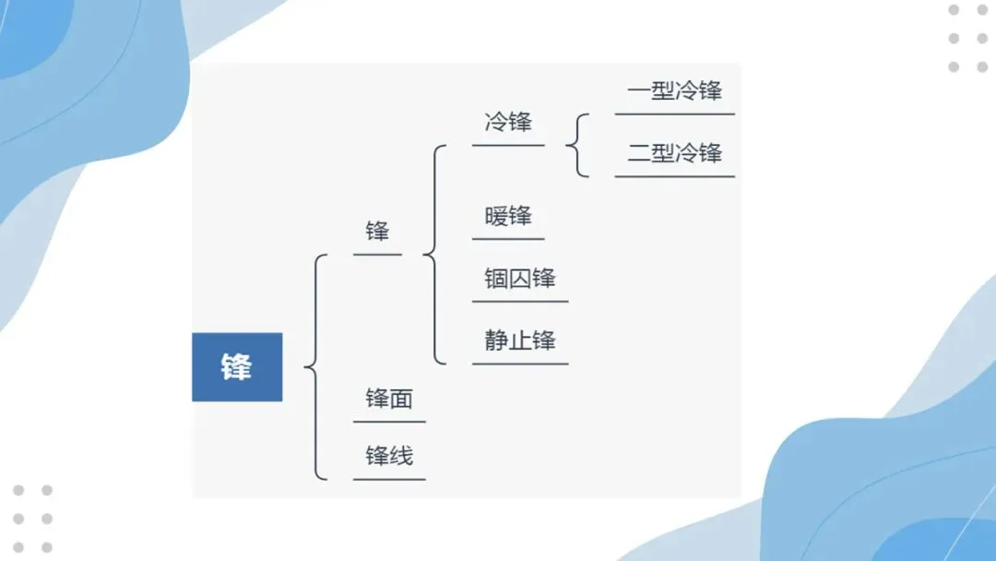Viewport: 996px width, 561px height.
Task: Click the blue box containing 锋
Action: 236,367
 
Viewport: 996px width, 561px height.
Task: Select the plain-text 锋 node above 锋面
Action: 377,231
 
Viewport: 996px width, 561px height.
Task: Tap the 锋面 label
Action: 389,400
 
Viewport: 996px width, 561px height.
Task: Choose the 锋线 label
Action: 389,456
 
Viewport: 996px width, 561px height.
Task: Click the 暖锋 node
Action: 508,217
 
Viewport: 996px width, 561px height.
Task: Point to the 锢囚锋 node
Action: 520,279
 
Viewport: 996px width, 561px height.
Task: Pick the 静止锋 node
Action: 520,340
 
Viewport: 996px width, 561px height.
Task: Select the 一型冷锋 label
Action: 674,91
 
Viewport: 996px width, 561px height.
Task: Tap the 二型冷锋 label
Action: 674,153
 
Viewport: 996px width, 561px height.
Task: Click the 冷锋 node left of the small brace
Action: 508,122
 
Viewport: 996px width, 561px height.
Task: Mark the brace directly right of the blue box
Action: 314,367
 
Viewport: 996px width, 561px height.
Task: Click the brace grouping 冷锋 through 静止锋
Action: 433,254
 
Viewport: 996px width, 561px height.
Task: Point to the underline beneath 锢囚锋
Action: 520,301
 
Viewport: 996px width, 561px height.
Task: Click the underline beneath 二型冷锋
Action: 674,175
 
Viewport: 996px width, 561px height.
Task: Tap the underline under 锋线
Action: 389,479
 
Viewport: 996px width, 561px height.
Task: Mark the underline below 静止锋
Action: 520,364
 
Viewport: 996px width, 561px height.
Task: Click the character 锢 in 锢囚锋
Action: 497,279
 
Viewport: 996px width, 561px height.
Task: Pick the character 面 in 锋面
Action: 401,400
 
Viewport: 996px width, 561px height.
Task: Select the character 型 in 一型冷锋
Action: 662,91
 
